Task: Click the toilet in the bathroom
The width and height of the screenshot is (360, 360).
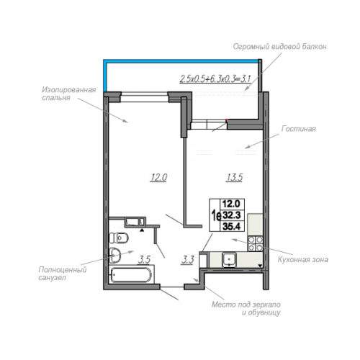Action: [119, 238]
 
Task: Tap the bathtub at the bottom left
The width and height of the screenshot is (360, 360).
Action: [132, 275]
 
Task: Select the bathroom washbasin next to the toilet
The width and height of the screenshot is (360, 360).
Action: [115, 255]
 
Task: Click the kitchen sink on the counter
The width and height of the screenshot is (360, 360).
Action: [229, 260]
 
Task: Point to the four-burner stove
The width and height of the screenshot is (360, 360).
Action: [256, 243]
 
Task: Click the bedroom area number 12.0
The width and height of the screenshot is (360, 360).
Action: [158, 178]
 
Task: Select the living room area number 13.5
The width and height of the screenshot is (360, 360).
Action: [234, 178]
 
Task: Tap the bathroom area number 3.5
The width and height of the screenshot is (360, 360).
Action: [144, 260]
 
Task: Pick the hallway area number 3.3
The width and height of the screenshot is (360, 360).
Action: [187, 260]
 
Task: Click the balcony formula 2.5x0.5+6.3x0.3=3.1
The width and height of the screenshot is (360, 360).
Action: [215, 78]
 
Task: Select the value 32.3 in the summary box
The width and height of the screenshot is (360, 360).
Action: [232, 215]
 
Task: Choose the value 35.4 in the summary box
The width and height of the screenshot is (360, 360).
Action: [232, 226]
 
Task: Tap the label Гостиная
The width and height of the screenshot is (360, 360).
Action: [299, 129]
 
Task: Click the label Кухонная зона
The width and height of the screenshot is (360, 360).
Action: [303, 259]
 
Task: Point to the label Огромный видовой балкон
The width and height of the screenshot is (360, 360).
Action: [280, 46]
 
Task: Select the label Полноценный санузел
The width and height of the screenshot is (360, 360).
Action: [63, 274]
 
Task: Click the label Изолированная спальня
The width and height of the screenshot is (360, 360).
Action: [69, 94]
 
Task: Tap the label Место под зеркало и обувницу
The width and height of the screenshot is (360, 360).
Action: [246, 308]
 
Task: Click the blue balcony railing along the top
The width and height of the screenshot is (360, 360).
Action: [181, 60]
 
